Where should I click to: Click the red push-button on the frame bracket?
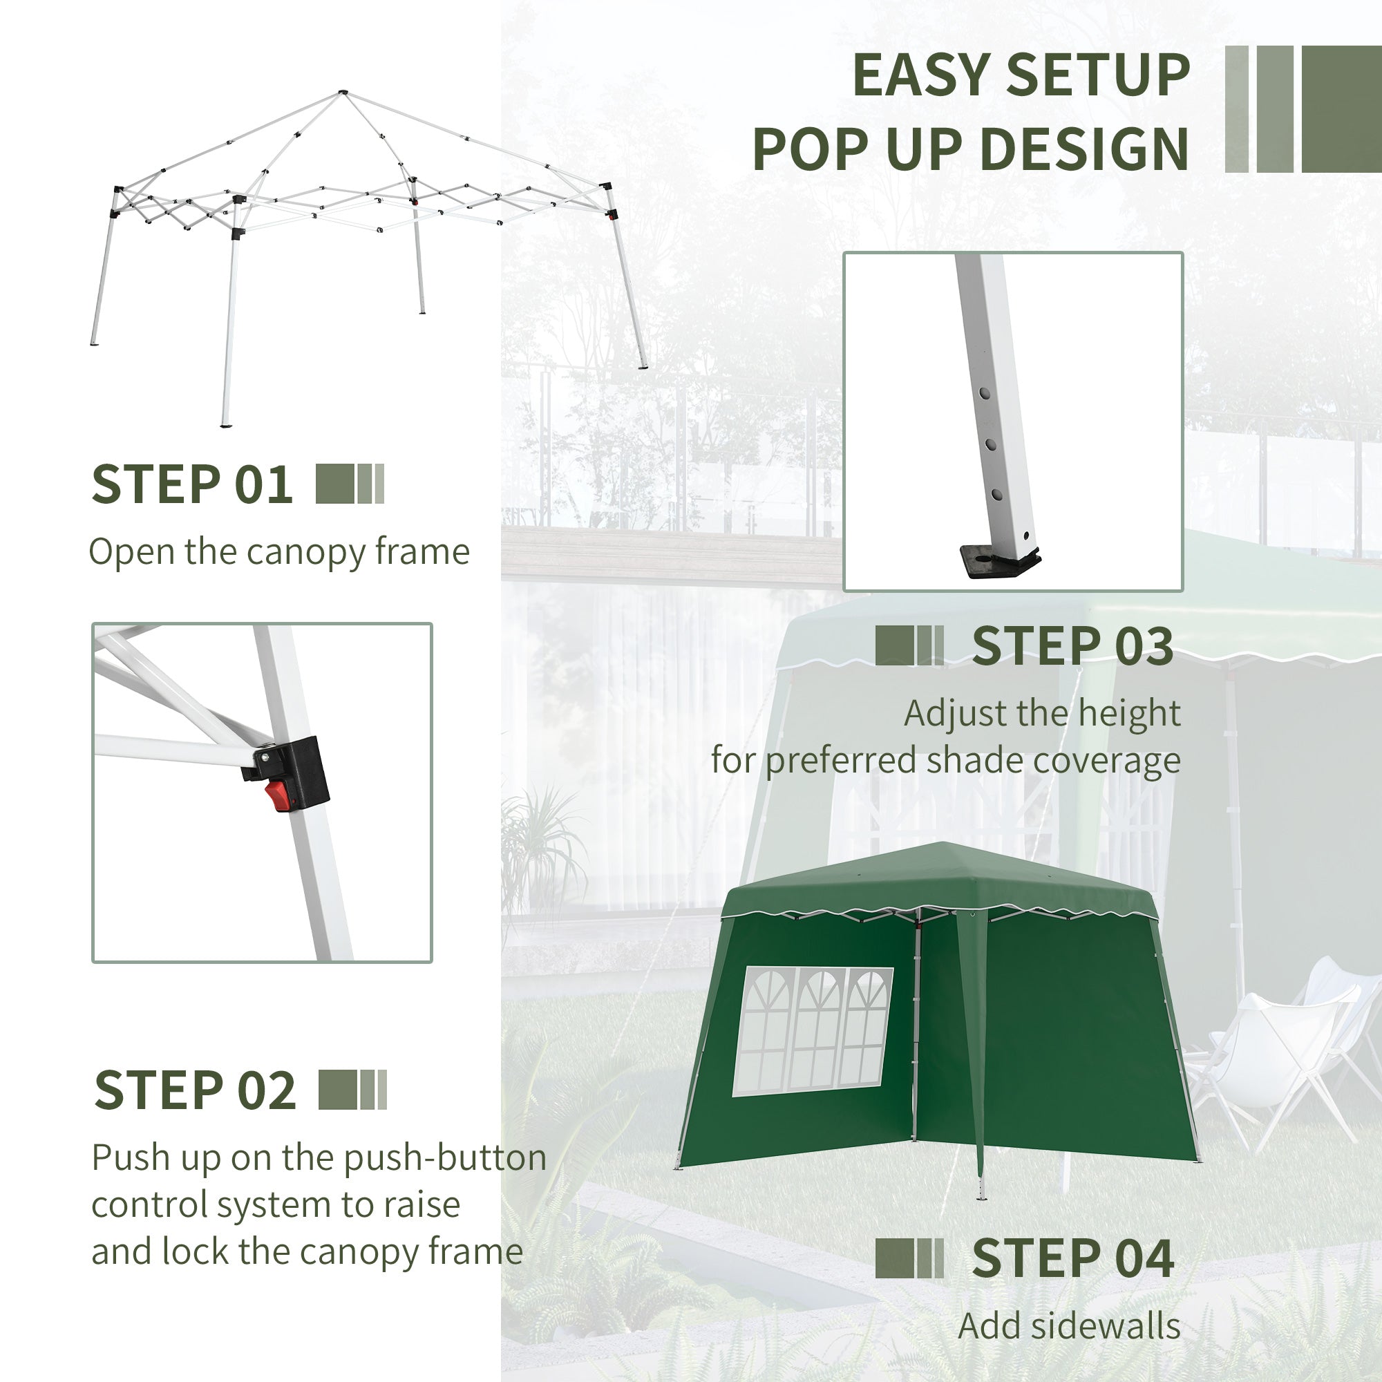pos(278,795)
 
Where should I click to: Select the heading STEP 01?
pos(191,484)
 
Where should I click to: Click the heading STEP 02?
pos(195,1090)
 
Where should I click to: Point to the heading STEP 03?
pos(1072,646)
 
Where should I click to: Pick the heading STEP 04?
pos(1072,1258)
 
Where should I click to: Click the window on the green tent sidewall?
pos(813,1031)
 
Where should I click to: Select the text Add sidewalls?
pos(1069,1326)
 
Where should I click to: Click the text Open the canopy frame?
pos(279,552)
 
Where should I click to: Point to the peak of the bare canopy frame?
pos(343,93)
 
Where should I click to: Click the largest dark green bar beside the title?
pos(1341,108)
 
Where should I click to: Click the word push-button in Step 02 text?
pos(445,1157)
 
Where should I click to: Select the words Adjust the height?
pos(1041,713)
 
